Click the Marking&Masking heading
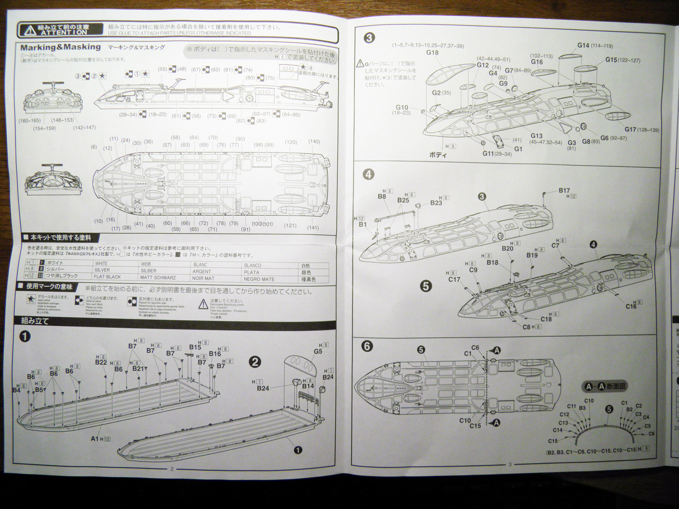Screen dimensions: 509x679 pyautogui.click(x=60, y=47)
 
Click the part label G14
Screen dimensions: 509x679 pyautogui.click(x=584, y=45)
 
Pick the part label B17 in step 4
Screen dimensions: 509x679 pyautogui.click(x=564, y=191)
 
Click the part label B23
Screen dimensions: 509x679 pyautogui.click(x=436, y=203)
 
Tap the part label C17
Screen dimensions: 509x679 pyautogui.click(x=454, y=280)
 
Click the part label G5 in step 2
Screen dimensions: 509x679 pyautogui.click(x=318, y=351)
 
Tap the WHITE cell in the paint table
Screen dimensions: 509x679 pyautogui.click(x=102, y=263)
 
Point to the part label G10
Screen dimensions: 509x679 pyautogui.click(x=402, y=107)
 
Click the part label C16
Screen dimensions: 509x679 pyautogui.click(x=631, y=306)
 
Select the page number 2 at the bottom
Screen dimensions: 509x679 pyautogui.click(x=171, y=469)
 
